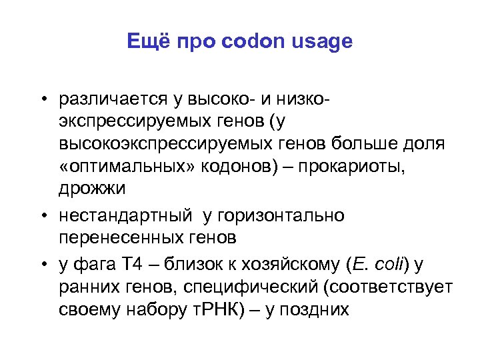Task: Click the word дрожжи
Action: (91, 188)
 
